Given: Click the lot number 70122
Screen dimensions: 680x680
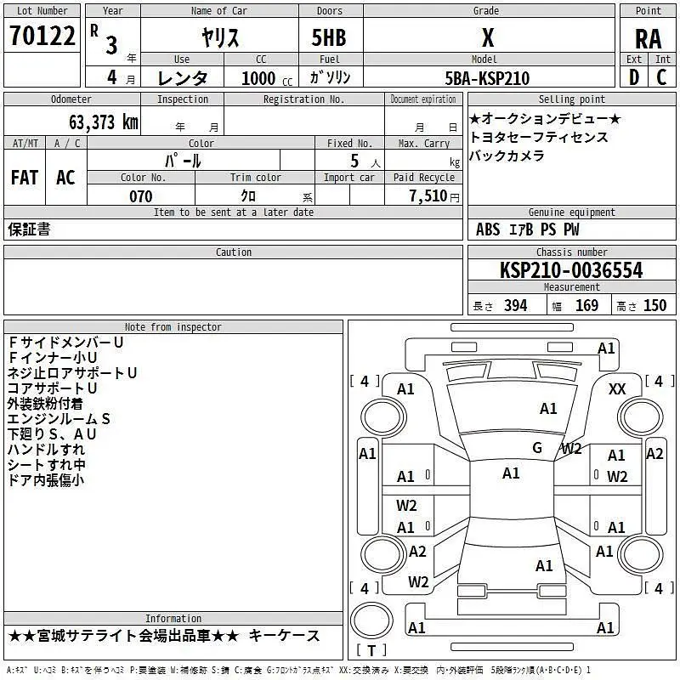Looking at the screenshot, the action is (42, 36).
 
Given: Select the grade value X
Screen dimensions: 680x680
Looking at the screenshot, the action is (488, 37).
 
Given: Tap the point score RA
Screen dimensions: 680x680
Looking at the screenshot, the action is (648, 39).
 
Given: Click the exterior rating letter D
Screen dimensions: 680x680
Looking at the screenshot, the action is (633, 77).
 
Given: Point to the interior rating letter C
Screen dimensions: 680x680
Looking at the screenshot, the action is (661, 77).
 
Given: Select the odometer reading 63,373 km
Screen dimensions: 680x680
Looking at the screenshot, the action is (104, 122).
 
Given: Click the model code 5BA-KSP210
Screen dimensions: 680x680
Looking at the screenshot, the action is (487, 78).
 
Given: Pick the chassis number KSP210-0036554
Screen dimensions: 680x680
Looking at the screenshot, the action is (571, 270).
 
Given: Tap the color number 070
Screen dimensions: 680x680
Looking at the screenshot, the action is (140, 196).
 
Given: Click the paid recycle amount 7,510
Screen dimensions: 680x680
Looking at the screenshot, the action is (428, 195).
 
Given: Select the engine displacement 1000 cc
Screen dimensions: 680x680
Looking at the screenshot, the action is (267, 78).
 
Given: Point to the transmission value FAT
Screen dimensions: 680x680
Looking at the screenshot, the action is (25, 178).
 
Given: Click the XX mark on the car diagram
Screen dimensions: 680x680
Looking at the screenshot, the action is (617, 389).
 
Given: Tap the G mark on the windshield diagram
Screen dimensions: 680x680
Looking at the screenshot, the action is (537, 448).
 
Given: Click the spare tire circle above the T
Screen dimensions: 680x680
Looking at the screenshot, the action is (371, 620).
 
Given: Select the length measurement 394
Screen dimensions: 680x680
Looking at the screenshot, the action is (515, 306).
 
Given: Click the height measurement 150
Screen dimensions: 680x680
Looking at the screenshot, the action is (654, 306).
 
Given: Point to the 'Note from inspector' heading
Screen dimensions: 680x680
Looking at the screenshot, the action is (173, 327).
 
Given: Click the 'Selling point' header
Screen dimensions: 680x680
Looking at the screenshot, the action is (571, 99).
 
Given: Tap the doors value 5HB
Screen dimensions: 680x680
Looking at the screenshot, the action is (329, 37).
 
